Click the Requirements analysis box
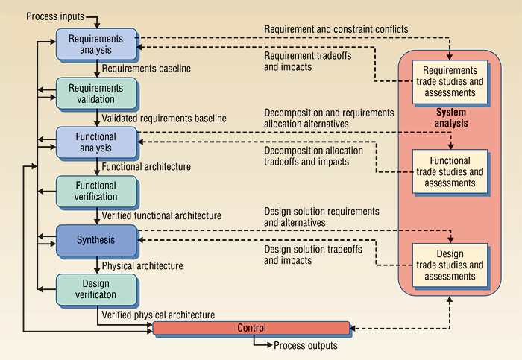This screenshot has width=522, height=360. click(x=97, y=44)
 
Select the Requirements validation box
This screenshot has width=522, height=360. click(x=97, y=93)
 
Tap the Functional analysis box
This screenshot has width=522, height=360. click(x=97, y=142)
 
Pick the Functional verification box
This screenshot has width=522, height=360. click(x=97, y=191)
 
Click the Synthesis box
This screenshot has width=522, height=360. click(x=97, y=240)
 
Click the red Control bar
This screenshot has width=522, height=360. click(x=251, y=328)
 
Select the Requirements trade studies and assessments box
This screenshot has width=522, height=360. click(x=450, y=83)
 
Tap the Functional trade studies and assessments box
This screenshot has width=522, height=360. click(x=450, y=171)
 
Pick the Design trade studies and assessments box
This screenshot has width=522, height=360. click(x=450, y=265)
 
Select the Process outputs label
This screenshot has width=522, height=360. click(x=305, y=346)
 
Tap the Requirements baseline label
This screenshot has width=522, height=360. click(x=146, y=69)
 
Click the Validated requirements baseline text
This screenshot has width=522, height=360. click(x=164, y=118)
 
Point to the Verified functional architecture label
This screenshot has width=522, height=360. click(x=161, y=215)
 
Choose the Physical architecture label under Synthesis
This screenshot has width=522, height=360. click(x=142, y=265)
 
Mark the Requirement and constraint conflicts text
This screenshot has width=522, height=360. click(x=336, y=29)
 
